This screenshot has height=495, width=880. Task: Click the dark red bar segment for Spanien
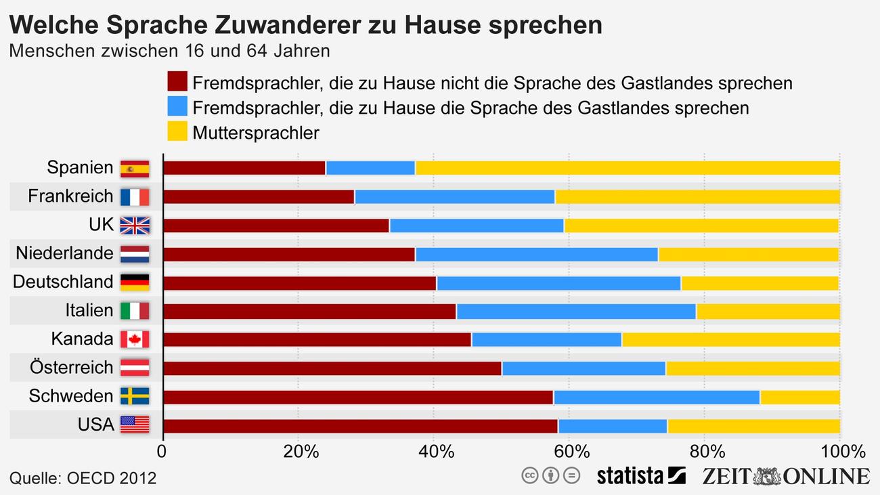pyautogui.click(x=244, y=168)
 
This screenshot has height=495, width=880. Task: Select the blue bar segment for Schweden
pyautogui.click(x=656, y=397)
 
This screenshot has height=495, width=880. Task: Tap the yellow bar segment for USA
pyautogui.click(x=753, y=426)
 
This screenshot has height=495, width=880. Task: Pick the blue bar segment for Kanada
pyautogui.click(x=546, y=339)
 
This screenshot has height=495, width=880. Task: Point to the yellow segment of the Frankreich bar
pyautogui.click(x=697, y=197)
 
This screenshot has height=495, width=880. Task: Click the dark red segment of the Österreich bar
pyautogui.click(x=332, y=368)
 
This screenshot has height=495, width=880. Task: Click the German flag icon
pyautogui.click(x=135, y=282)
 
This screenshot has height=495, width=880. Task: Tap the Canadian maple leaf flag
pyautogui.click(x=135, y=339)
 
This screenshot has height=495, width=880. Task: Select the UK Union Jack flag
pyautogui.click(x=135, y=225)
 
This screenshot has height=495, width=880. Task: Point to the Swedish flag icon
pyautogui.click(x=135, y=396)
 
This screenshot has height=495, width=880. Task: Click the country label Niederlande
pyautogui.click(x=64, y=253)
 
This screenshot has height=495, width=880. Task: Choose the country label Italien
pyautogui.click(x=89, y=311)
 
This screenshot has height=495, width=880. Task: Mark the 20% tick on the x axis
pyautogui.click(x=298, y=451)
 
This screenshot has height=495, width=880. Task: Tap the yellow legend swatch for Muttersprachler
pyautogui.click(x=177, y=131)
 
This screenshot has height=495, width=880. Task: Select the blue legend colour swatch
pyautogui.click(x=177, y=106)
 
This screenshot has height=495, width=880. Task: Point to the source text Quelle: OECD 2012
pyautogui.click(x=83, y=478)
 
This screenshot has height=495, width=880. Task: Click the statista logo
pyautogui.click(x=640, y=476)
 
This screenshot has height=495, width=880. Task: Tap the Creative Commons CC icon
pyautogui.click(x=529, y=475)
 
